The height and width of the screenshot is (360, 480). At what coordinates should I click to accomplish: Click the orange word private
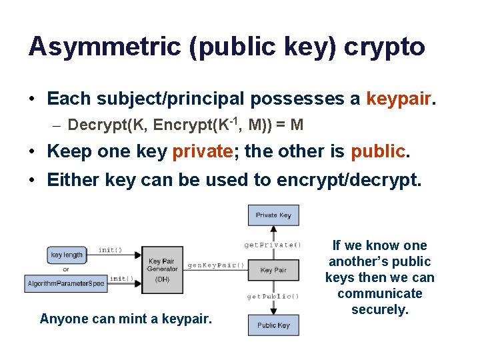(201, 151)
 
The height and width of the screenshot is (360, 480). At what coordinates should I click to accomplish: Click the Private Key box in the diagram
(274, 215)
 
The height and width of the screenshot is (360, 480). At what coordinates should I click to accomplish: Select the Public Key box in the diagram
(274, 325)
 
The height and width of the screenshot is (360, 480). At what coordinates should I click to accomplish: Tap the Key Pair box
(274, 270)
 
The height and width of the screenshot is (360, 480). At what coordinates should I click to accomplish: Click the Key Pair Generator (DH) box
(162, 270)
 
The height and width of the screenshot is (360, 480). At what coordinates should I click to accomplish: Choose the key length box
(66, 255)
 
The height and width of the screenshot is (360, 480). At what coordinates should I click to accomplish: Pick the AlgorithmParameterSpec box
(65, 284)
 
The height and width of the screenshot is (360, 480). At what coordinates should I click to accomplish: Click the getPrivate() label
(273, 245)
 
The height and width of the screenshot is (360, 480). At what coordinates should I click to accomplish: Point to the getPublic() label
(273, 296)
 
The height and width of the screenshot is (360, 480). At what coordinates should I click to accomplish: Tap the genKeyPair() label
(216, 265)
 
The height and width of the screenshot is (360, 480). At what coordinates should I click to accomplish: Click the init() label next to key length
(110, 250)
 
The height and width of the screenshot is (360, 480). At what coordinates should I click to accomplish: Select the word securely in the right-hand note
(379, 309)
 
